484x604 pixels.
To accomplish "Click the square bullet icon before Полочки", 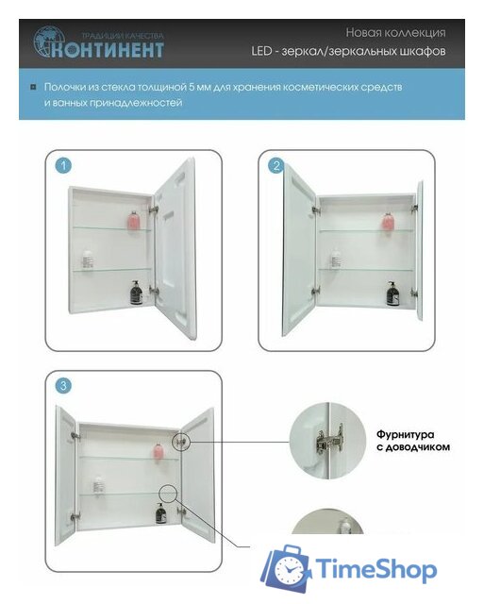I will tap(34, 87).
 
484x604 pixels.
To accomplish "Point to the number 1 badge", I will tap(63, 166).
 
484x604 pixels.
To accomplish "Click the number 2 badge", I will tap(275, 166).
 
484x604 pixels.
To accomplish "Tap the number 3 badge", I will tap(63, 385).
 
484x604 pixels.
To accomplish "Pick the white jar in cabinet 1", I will tap(87, 258).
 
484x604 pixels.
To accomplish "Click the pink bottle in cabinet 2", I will tap(387, 223).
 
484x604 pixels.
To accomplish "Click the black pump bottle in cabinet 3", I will tap(160, 514).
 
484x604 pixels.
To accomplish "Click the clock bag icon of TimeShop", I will tap(285, 569).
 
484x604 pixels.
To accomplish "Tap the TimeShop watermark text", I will tap(376, 569).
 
